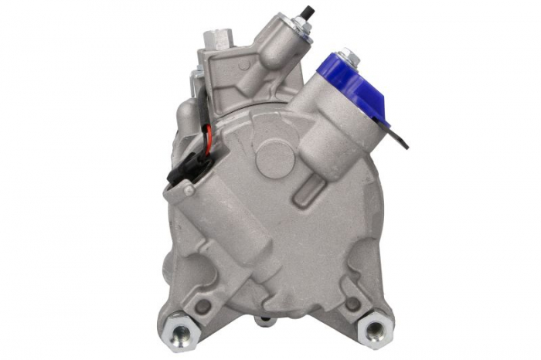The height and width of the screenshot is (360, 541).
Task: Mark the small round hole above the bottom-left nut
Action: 202,305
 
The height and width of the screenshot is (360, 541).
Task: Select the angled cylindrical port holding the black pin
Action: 274,50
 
